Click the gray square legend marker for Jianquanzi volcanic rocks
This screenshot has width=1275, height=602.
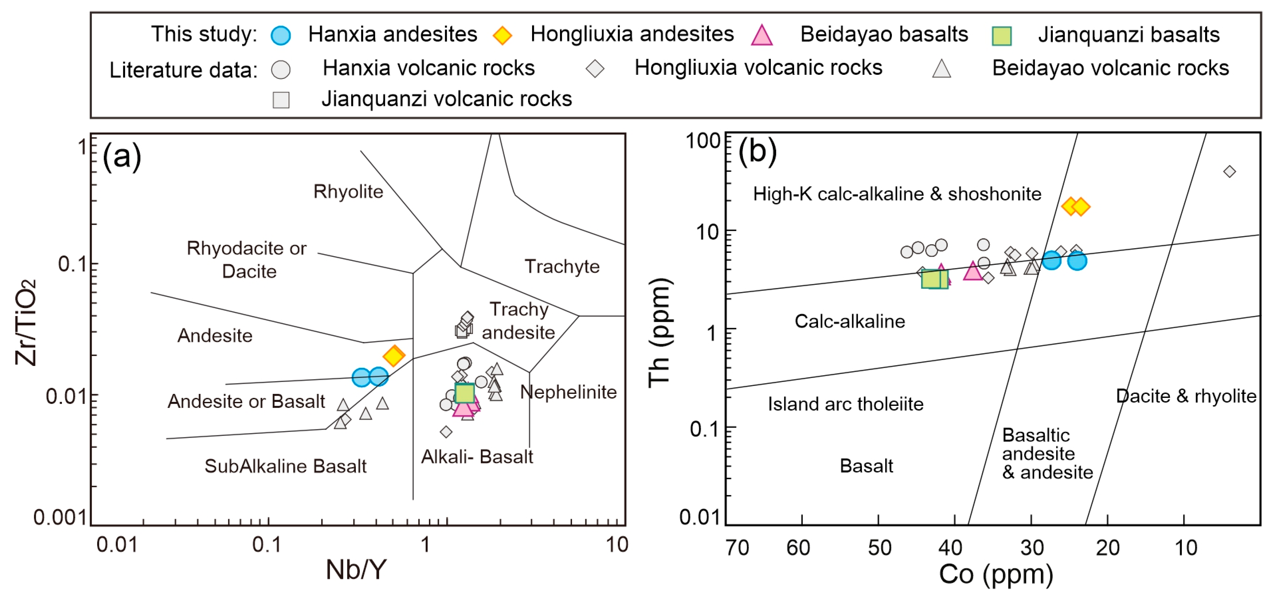[x=281, y=100]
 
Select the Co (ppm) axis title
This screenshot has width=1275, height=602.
[x=996, y=574]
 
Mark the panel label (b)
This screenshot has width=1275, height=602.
[x=757, y=151]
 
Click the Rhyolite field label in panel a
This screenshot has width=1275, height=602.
[x=348, y=192]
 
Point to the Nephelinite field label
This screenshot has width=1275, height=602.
[x=568, y=392]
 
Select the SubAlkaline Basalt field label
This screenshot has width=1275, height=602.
[x=286, y=466]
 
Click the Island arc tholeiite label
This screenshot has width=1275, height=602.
[x=845, y=404]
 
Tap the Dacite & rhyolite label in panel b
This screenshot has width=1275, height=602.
[x=1186, y=396]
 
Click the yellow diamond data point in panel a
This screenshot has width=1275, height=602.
[x=394, y=356]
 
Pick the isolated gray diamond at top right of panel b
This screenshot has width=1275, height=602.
[x=1229, y=172]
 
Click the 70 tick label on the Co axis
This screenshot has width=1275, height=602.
[x=737, y=547]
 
